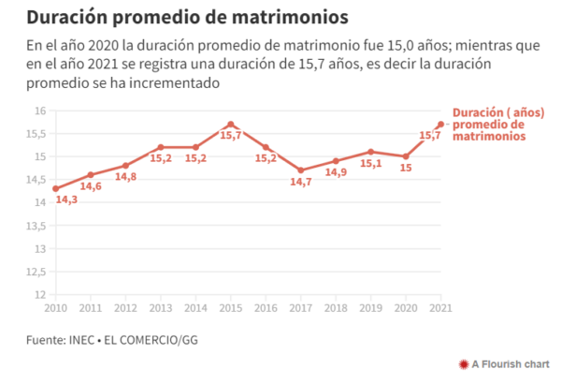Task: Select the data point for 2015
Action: [x=230, y=125]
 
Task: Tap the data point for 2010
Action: [x=55, y=188]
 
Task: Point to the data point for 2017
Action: [x=300, y=170]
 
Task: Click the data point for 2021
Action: [x=440, y=125]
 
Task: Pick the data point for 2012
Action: [x=125, y=166]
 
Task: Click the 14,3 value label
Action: [x=66, y=199]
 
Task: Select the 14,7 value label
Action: [x=301, y=182]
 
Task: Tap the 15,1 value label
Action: [x=371, y=163]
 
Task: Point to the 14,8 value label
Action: [x=125, y=177]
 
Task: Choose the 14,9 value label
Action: [x=336, y=172]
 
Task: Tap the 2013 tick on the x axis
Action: [x=160, y=307]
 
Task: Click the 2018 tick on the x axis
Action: [x=335, y=307]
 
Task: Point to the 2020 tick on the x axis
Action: [x=405, y=307]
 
